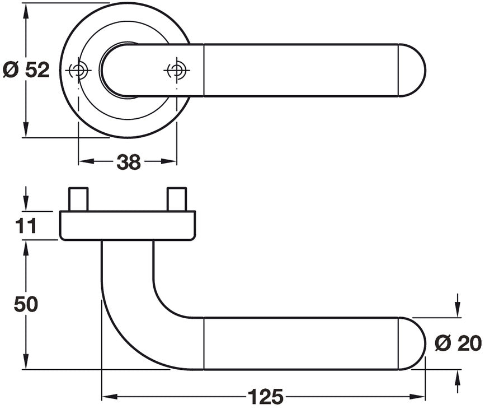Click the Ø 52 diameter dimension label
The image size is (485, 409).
click(26, 70)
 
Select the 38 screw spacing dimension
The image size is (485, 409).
click(128, 162)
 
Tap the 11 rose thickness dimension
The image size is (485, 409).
click(26, 226)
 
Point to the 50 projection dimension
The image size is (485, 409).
click(26, 304)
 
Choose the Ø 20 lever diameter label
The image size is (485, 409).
click(458, 343)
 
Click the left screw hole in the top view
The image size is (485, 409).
click(78, 70)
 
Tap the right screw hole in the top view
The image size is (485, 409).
click(177, 71)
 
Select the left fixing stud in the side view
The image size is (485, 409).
click(78, 199)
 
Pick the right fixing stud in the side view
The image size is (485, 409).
click(177, 199)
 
